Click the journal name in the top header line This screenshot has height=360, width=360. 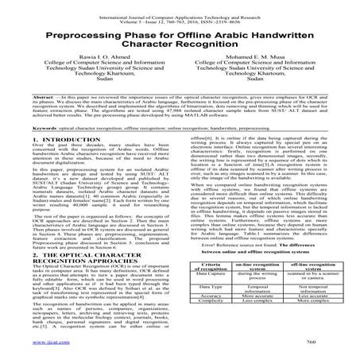[x=180, y=6]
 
